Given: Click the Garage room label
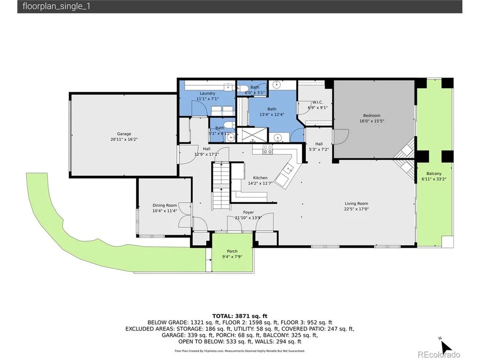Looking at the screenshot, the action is point(124,134).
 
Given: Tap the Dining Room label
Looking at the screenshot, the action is point(165,205).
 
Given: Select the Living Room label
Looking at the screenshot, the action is point(356,203).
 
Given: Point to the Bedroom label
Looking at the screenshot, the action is point(372,115).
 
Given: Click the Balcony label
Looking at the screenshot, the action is point(434,173).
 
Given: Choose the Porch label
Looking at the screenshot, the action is point(232,251).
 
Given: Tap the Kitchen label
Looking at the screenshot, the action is point(260,178).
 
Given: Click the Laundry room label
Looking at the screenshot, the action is point(208,93).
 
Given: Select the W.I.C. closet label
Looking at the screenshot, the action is point(317,102).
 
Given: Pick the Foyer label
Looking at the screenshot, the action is point(248,212).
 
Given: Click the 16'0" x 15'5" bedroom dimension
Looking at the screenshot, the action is point(372,121).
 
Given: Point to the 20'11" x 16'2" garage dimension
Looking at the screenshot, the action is point(124,139).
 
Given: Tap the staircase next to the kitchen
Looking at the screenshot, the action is point(221,186).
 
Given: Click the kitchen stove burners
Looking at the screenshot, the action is point(268,150).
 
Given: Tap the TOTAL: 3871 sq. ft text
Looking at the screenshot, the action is point(240,316).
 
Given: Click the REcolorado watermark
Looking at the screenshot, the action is point(439,354).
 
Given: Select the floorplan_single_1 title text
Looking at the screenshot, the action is point(56,7).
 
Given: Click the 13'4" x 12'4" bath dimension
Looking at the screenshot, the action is point(272,114).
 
